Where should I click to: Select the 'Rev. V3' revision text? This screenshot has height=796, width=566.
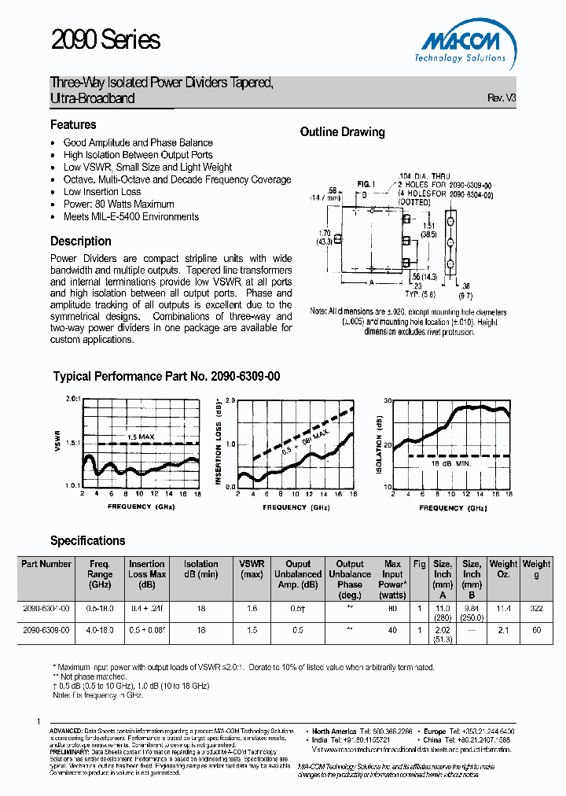(x=502, y=98)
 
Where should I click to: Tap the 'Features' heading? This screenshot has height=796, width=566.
(x=73, y=125)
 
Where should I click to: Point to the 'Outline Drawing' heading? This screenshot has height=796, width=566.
(x=342, y=132)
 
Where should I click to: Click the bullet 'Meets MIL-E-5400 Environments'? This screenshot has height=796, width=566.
(x=130, y=217)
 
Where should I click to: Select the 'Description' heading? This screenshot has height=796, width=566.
(x=81, y=241)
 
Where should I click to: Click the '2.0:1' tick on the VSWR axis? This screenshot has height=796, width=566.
(x=72, y=400)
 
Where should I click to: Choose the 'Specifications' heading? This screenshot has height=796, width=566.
(x=87, y=541)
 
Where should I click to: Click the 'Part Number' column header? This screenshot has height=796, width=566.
(x=46, y=564)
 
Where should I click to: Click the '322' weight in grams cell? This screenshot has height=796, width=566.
(x=536, y=610)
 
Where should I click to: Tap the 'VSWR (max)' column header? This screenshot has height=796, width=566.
(x=252, y=569)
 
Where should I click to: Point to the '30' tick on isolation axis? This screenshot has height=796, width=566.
(x=387, y=400)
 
